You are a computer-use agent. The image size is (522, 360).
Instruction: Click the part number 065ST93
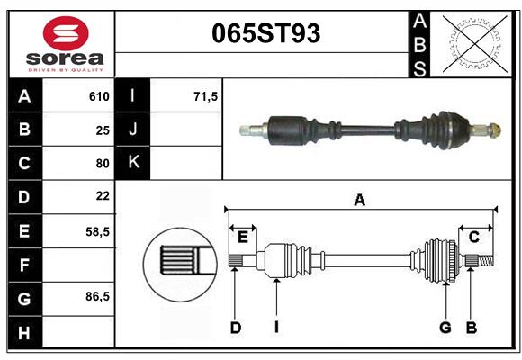point(265,33)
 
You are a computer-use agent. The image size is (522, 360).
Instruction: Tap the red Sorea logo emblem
point(65,33)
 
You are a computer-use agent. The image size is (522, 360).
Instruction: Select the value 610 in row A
point(99,96)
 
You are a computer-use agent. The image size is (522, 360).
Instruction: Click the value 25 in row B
point(103,130)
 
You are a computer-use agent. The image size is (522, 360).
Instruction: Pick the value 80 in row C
point(103,163)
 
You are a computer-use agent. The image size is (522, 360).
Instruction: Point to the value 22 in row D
point(103,196)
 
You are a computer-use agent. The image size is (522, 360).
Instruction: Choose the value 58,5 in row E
point(98,230)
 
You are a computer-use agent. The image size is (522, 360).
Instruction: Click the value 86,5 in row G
point(98,296)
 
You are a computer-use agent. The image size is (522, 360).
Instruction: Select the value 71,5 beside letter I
point(206,96)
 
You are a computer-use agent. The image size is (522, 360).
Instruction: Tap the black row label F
point(23,264)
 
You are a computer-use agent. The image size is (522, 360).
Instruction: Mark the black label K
point(133,163)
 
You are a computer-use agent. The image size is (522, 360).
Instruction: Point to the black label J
point(133,130)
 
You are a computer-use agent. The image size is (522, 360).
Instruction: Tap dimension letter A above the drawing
point(360,200)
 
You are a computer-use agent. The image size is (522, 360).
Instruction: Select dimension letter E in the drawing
point(242,237)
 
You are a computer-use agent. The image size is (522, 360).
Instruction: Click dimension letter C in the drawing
point(473,237)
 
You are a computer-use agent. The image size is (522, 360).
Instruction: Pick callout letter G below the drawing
point(445,328)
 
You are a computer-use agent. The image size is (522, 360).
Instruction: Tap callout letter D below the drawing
point(235,328)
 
